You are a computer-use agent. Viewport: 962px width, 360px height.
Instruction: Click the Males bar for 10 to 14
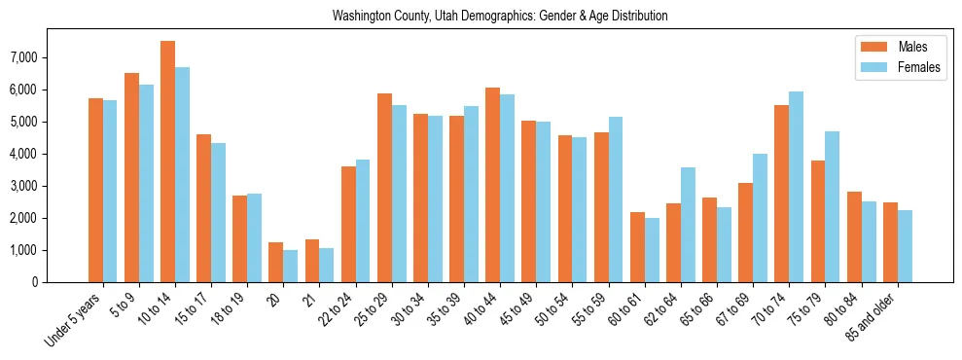pyautogui.click(x=167, y=162)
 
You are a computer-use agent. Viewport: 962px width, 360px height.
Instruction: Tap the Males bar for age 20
pyautogui.click(x=275, y=262)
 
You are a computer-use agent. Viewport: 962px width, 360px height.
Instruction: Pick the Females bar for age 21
pyautogui.click(x=327, y=265)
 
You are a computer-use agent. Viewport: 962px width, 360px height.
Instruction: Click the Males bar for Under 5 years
pyautogui.click(x=95, y=190)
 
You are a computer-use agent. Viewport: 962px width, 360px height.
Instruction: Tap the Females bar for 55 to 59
pyautogui.click(x=616, y=199)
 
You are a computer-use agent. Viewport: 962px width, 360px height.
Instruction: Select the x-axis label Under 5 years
pyautogui.click(x=75, y=318)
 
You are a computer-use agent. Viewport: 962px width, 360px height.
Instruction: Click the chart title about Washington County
pyautogui.click(x=500, y=17)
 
